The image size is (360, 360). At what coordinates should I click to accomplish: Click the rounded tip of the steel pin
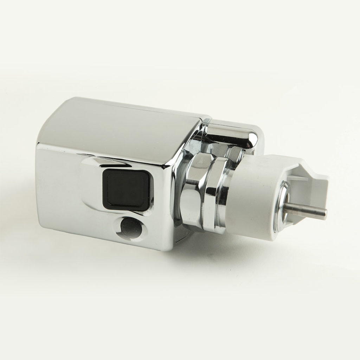(x=324, y=213)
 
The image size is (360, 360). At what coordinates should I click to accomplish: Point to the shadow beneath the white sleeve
(x=253, y=246)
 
